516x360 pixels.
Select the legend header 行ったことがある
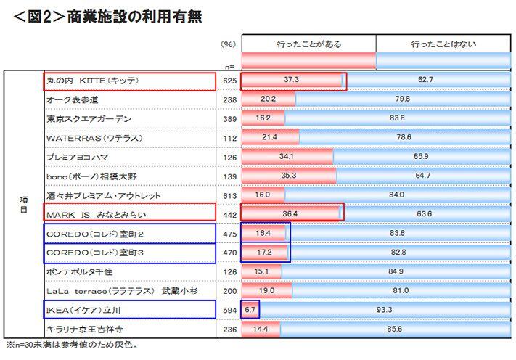pyautogui.click(x=308, y=44)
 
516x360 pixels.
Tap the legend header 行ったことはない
pyautogui.click(x=442, y=44)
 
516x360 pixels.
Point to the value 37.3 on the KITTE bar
pyautogui.click(x=291, y=80)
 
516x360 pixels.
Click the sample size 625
pyautogui.click(x=229, y=81)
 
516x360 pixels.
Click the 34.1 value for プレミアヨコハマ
pyautogui.click(x=286, y=157)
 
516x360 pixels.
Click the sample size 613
pyautogui.click(x=229, y=196)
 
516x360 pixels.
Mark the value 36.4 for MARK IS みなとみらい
pyautogui.click(x=290, y=214)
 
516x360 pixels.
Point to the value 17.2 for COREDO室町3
pyautogui.click(x=264, y=253)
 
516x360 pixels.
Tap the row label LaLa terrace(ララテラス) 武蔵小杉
pyautogui.click(x=117, y=291)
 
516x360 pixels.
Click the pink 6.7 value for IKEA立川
pyautogui.click(x=250, y=310)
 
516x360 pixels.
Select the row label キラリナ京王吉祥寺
pyautogui.click(x=89, y=330)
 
